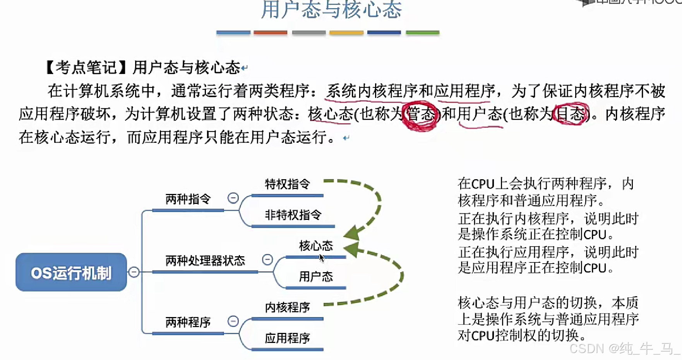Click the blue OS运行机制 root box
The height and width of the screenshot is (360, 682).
(71, 272)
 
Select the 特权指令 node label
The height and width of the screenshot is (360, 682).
(288, 184)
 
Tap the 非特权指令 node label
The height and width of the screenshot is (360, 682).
(293, 215)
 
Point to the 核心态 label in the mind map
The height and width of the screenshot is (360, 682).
(316, 246)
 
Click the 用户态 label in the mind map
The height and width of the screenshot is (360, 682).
(316, 276)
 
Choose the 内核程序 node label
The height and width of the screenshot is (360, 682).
(288, 307)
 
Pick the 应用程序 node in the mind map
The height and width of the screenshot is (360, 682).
(288, 338)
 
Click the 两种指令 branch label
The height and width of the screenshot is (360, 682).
(188, 199)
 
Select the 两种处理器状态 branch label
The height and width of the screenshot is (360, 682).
(205, 261)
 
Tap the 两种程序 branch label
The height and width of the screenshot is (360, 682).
(188, 322)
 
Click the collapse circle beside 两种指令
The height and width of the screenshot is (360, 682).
(233, 198)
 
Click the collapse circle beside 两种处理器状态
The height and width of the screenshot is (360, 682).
(267, 259)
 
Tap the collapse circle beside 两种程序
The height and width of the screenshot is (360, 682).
(233, 321)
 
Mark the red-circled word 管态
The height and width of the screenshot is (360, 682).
(421, 115)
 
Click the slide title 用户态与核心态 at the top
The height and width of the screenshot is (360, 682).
(331, 10)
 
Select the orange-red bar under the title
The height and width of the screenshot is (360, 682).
(271, 33)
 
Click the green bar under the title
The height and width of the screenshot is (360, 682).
(423, 33)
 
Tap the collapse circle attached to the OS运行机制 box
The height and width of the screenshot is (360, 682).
(134, 272)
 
